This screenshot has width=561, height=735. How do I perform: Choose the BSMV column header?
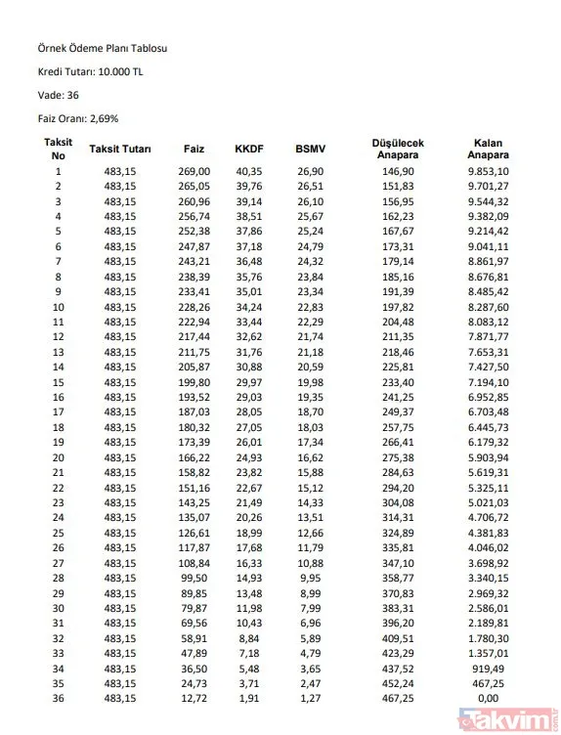point(310,149)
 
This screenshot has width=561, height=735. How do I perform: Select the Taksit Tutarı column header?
point(120,149)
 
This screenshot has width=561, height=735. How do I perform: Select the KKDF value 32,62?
point(249,336)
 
